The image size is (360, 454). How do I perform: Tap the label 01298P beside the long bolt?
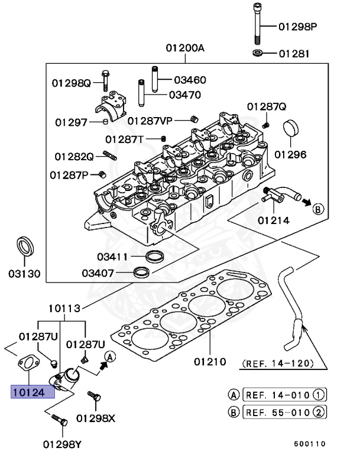[x=298, y=27]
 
